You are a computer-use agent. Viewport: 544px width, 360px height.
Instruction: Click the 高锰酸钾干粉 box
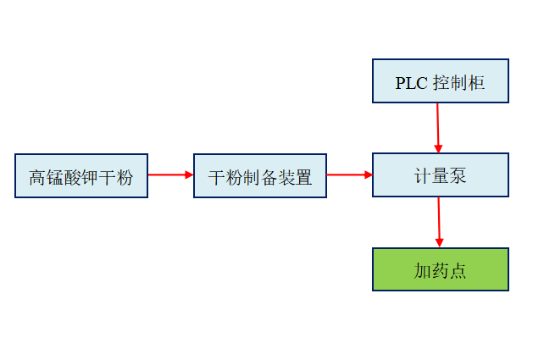pyautogui.click(x=80, y=175)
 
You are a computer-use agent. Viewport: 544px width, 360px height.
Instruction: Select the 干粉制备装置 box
pyautogui.click(x=259, y=175)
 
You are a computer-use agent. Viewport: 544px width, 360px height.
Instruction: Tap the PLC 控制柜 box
pyautogui.click(x=440, y=81)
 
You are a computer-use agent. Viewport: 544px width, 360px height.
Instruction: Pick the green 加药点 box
pyautogui.click(x=440, y=269)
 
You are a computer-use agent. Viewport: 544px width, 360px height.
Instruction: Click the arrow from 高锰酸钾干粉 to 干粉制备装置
pyautogui.click(x=170, y=175)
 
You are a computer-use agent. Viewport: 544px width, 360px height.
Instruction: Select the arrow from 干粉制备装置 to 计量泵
pyautogui.click(x=349, y=175)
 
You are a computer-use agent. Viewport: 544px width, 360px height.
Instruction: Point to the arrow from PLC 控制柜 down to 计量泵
pyautogui.click(x=438, y=127)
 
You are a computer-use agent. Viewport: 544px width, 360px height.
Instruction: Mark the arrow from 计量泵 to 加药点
pyautogui.click(x=439, y=222)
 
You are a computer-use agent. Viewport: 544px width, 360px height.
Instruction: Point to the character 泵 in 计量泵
pyautogui.click(x=458, y=176)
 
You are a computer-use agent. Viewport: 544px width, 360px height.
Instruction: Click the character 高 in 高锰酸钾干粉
pyautogui.click(x=36, y=178)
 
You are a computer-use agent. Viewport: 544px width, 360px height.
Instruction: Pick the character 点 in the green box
pyautogui.click(x=458, y=271)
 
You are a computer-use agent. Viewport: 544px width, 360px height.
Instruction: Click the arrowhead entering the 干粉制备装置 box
pyautogui.click(x=189, y=175)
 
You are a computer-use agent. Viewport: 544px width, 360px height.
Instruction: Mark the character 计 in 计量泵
pyautogui.click(x=422, y=176)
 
